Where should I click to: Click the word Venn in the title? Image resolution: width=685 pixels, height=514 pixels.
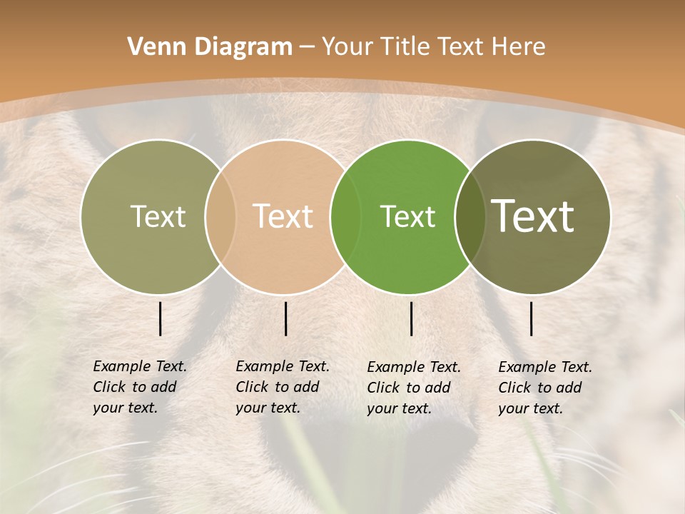[x=148, y=47]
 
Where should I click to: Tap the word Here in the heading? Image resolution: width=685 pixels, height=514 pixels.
[x=519, y=47]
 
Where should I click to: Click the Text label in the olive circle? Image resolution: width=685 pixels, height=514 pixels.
[x=158, y=216]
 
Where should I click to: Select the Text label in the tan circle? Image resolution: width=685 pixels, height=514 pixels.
[x=283, y=216]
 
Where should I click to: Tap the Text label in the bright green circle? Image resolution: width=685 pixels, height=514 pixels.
[x=407, y=216]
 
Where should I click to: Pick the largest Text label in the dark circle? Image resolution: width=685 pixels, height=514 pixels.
[x=533, y=216]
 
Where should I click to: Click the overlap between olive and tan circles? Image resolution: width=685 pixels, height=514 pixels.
[x=220, y=216]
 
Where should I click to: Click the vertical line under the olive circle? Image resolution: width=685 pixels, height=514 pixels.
[x=160, y=318]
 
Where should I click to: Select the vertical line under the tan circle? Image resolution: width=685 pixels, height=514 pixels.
[x=285, y=318]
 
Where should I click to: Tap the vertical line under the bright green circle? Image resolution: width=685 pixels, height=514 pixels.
[x=411, y=318]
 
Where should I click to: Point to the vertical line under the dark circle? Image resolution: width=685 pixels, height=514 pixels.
[x=532, y=318]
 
